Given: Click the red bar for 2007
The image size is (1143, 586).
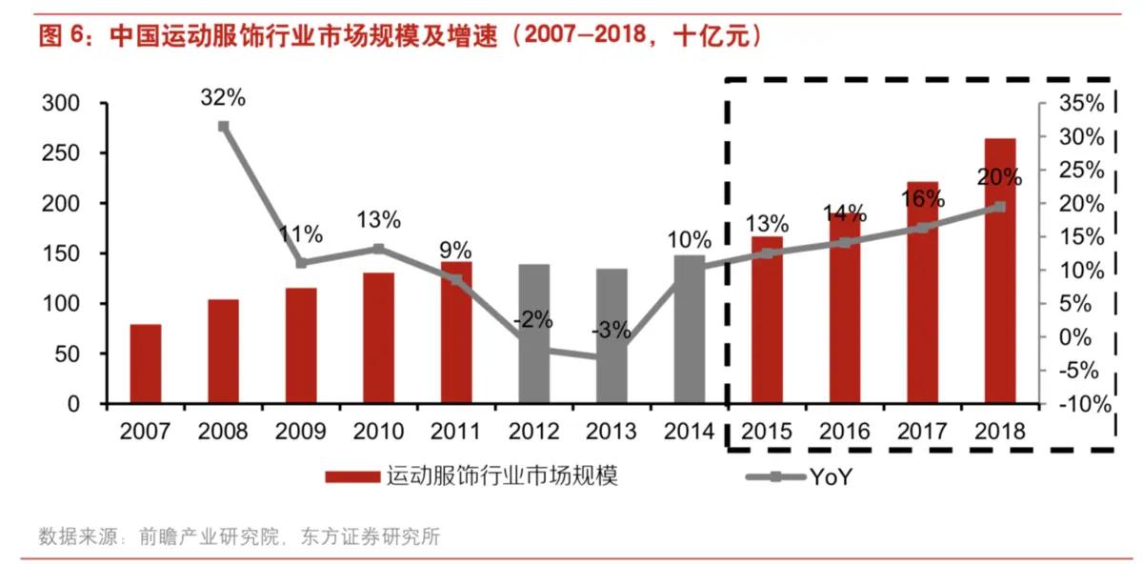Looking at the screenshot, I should (x=146, y=364).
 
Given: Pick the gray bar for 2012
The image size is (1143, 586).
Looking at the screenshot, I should (x=534, y=334).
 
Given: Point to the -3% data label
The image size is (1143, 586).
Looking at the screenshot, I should (x=611, y=331).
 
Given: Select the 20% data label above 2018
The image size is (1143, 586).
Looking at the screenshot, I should (x=998, y=177).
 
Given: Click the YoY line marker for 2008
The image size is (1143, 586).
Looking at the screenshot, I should (x=224, y=126).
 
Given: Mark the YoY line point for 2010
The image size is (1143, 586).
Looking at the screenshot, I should (x=378, y=249).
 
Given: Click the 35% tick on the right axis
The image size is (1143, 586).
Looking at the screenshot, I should (x=1083, y=103).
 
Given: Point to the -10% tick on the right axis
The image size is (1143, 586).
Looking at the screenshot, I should (x=1083, y=404).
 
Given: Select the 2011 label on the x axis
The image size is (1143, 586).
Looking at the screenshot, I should (x=455, y=431).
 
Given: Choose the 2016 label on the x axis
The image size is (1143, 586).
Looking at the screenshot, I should (x=845, y=431).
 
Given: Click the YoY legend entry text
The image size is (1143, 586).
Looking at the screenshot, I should (x=830, y=477).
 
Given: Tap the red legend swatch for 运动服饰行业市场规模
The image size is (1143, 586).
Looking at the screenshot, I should (x=352, y=477).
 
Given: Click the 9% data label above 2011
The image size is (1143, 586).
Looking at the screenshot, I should (x=455, y=251).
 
